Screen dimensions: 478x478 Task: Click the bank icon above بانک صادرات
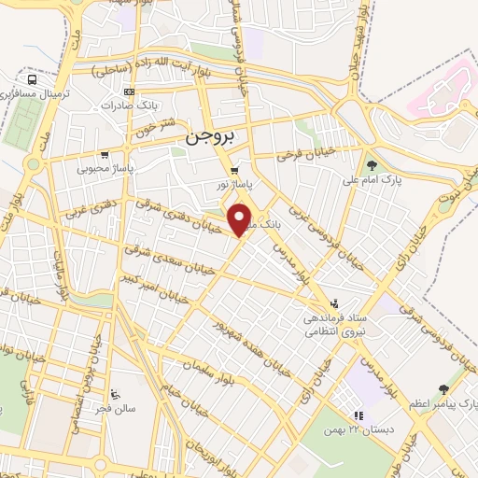pyautogui.click(x=129, y=91)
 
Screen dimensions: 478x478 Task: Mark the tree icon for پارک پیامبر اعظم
pyautogui.click(x=443, y=389)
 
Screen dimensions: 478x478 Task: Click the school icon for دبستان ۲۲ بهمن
pyautogui.click(x=356, y=417)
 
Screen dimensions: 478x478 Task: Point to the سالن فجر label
pyautogui.click(x=113, y=409)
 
